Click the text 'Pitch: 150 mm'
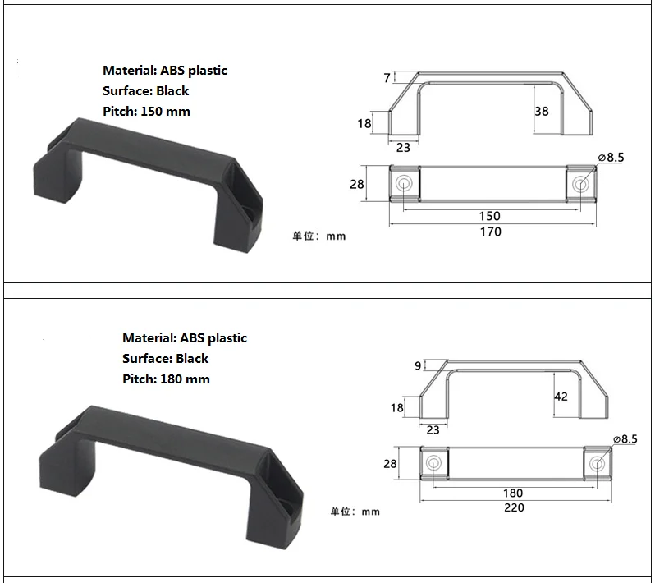(x=146, y=112)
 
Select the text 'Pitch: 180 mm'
(x=166, y=379)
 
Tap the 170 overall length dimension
(x=489, y=232)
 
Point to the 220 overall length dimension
(x=514, y=507)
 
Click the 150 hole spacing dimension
(x=489, y=216)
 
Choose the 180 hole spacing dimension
(x=513, y=493)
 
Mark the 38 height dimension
(x=541, y=111)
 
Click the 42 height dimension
(x=561, y=397)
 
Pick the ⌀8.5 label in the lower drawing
(x=624, y=440)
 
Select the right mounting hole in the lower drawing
(x=598, y=464)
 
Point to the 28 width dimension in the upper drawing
(x=356, y=185)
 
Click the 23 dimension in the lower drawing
(x=433, y=429)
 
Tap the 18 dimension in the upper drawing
(x=364, y=124)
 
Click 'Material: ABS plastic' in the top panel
(x=165, y=71)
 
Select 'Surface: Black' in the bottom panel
(x=165, y=359)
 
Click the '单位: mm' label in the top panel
(x=319, y=236)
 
